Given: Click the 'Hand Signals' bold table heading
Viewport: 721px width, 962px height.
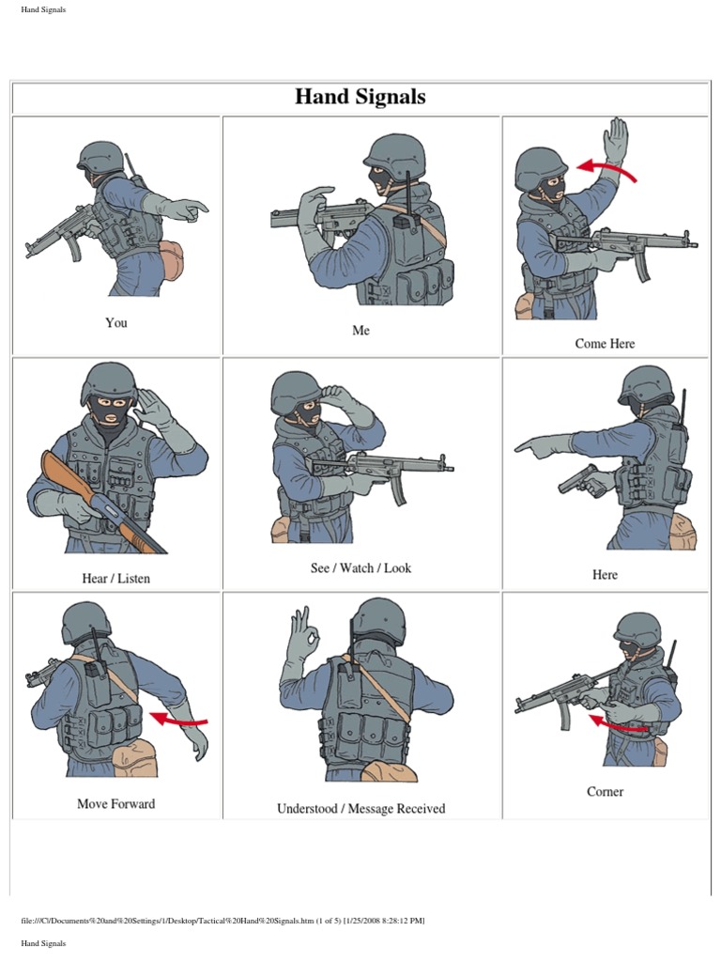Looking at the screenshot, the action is (x=360, y=97).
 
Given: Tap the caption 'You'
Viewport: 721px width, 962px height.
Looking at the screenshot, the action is (x=115, y=323).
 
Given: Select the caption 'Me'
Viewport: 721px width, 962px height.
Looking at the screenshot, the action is (x=360, y=330).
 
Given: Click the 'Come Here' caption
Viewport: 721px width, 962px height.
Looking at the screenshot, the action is (x=605, y=344).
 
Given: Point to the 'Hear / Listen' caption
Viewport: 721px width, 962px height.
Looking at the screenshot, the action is (x=115, y=578).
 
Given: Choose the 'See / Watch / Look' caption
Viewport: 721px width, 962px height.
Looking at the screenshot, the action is (x=360, y=568).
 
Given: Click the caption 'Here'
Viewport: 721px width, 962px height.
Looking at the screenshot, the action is (x=605, y=575).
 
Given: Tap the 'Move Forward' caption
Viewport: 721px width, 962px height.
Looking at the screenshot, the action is (x=115, y=804).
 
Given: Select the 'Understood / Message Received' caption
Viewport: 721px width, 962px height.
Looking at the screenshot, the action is (x=360, y=809).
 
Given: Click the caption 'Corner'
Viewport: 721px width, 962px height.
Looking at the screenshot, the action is (x=605, y=791).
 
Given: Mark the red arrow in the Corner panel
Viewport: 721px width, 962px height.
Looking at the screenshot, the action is (x=616, y=725).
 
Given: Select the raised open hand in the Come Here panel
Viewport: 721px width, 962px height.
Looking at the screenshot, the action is (x=616, y=141).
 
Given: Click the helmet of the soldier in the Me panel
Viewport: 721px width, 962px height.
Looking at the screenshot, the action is (x=393, y=152).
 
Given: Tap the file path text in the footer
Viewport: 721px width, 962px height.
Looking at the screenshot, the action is (x=222, y=921).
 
